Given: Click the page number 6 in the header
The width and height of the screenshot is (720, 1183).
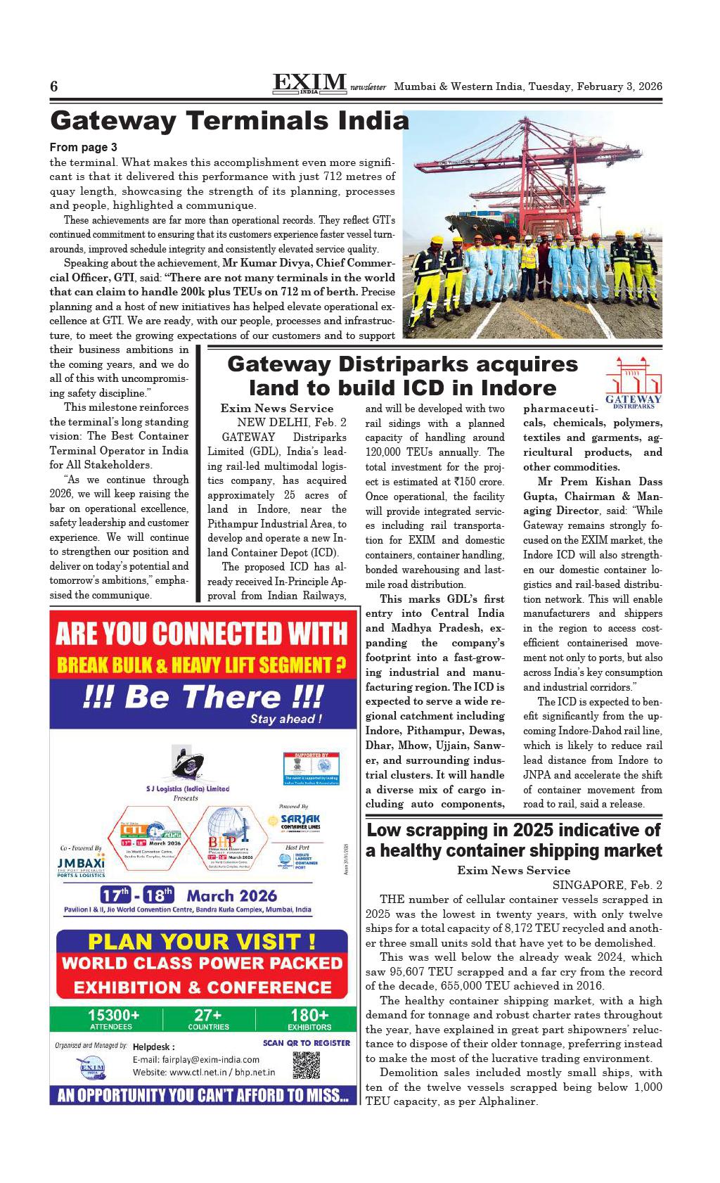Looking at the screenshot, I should [x=53, y=87].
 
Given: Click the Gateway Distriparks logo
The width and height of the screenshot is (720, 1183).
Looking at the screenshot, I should [x=634, y=383].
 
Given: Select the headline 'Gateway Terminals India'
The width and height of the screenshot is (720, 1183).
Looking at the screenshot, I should [x=229, y=121].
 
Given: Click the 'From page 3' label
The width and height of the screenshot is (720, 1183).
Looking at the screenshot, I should [x=84, y=148].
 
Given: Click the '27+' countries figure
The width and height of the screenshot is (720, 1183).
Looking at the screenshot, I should [x=209, y=1015].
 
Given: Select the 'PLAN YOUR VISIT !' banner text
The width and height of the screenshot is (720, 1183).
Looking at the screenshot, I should [x=202, y=941].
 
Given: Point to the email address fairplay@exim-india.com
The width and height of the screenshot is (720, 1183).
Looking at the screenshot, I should [x=196, y=1059].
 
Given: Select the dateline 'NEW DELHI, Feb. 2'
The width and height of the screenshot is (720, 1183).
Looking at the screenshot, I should [x=291, y=422].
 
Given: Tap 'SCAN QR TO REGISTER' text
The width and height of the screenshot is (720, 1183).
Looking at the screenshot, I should [x=306, y=1042].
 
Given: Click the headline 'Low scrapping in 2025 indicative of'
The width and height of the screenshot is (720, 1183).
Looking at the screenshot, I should [x=514, y=830].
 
